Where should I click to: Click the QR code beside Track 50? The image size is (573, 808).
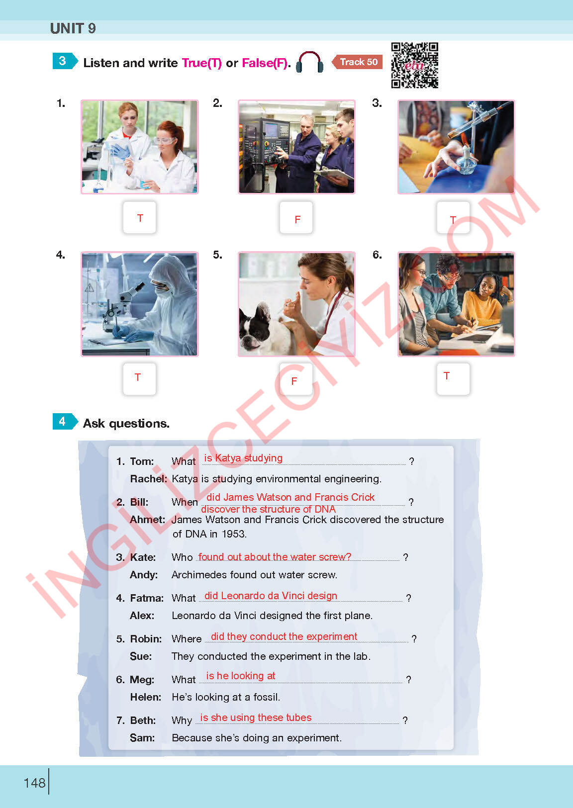414,65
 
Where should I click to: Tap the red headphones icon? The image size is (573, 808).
310,63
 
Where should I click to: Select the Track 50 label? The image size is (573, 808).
358,62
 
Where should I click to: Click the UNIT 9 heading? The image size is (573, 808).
73,28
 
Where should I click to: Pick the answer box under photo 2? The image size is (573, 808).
296,217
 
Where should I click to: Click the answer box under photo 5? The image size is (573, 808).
296,379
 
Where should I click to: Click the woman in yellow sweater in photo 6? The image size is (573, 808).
483,301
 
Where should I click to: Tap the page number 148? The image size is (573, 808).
34,783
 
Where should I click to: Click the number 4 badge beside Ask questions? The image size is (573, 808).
63,422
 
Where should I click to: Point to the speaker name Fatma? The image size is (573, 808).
147,598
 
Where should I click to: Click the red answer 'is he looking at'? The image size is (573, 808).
240,676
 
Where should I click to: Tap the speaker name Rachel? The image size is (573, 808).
148,479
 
